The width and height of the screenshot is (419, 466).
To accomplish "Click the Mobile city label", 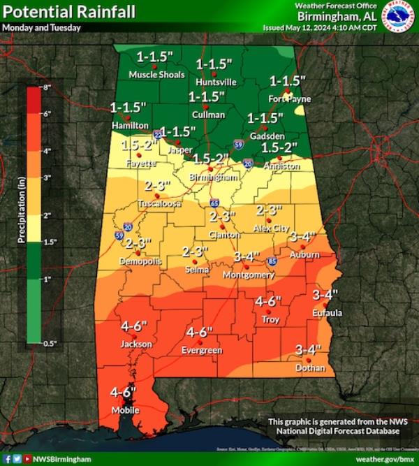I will point(126,410).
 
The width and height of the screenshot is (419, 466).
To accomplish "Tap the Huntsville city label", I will point(216,82).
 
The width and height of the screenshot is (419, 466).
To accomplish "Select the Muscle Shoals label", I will point(156,74).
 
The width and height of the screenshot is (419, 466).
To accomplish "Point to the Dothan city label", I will point(310,367).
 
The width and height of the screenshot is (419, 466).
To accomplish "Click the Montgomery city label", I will point(248,275).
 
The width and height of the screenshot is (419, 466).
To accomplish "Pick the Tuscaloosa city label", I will point(160,204).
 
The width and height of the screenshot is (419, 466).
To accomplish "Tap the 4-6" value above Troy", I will point(268,301).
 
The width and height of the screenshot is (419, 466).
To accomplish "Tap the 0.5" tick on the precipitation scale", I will point(49,343).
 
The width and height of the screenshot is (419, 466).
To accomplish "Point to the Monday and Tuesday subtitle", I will point(41,28).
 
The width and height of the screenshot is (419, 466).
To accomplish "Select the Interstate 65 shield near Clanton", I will point(213,203).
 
